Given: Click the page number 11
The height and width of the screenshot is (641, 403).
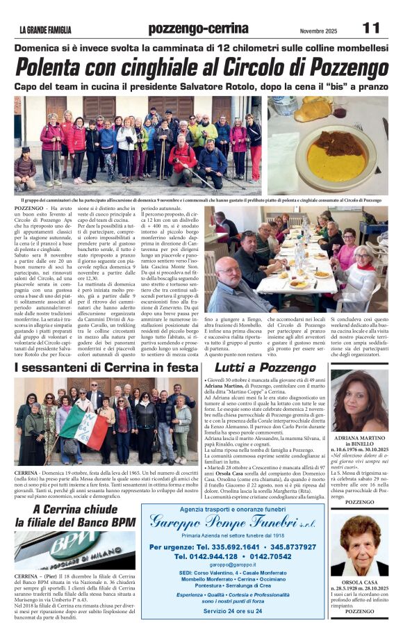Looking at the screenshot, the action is (371, 27).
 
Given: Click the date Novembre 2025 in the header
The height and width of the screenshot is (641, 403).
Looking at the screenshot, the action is (320, 29).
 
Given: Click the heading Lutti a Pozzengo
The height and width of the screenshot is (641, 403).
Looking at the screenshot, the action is (265, 366).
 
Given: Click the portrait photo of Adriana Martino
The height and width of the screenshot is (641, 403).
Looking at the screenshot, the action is (359, 400).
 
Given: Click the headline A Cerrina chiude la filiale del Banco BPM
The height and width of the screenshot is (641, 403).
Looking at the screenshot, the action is (75, 515).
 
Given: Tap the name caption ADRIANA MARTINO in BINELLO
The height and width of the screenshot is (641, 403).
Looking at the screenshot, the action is (359, 444).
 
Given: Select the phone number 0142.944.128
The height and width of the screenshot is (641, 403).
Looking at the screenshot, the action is (207, 557).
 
